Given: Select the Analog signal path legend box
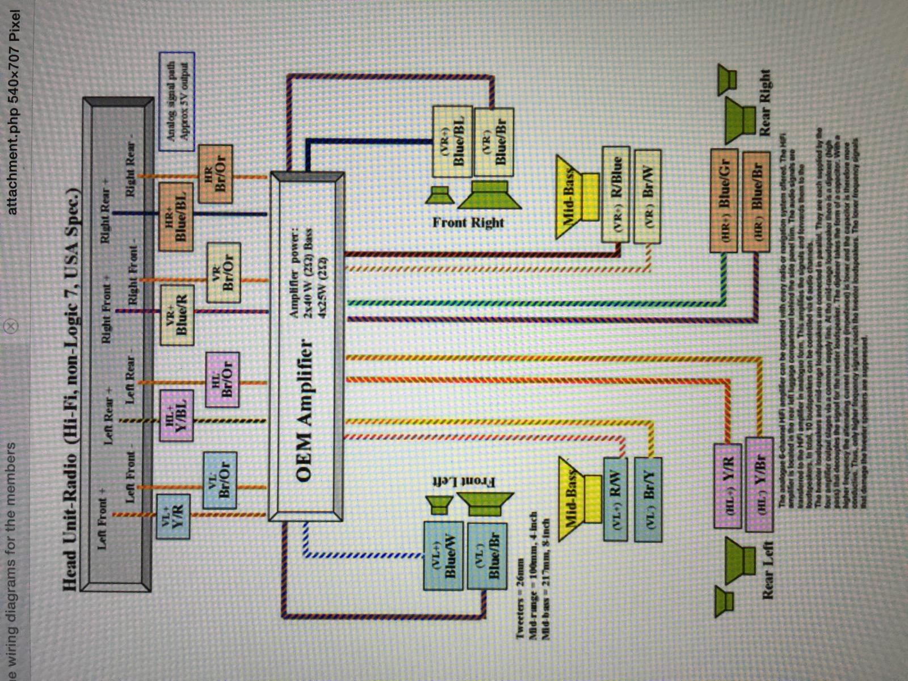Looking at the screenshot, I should tap(177, 102).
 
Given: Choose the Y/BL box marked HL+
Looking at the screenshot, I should tap(178, 416).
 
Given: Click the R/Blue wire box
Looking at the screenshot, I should tap(617, 195).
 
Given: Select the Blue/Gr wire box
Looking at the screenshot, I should tap(724, 200).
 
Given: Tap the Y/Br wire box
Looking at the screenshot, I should tap(759, 485).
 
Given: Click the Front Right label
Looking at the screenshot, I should tap(468, 222).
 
